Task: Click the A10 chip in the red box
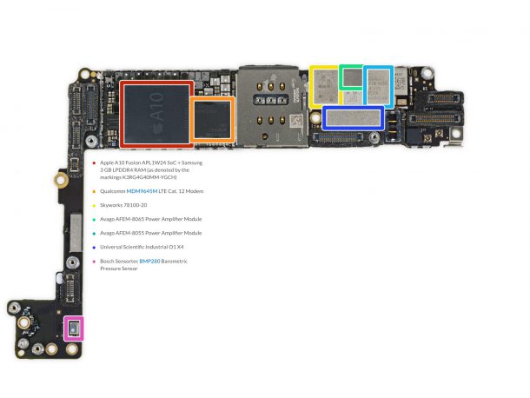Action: (x=157, y=113)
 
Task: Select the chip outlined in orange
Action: (x=213, y=119)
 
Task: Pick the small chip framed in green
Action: (x=352, y=77)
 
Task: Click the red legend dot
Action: (x=93, y=163)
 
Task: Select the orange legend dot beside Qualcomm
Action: (x=93, y=190)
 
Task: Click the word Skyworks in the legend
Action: (x=112, y=205)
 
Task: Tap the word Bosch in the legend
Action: (x=109, y=261)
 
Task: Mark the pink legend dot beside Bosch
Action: (x=93, y=261)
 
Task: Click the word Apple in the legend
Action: (x=108, y=163)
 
